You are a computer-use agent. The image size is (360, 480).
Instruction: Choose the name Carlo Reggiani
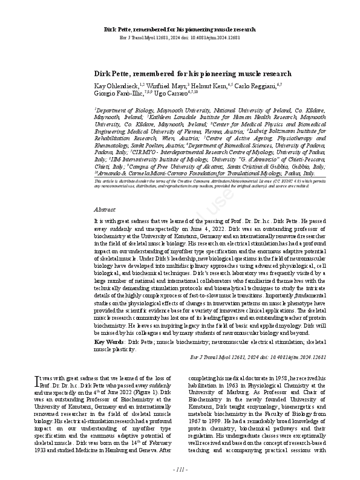coord(254,86)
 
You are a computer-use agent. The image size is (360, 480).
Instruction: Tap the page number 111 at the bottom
coord(180,469)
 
